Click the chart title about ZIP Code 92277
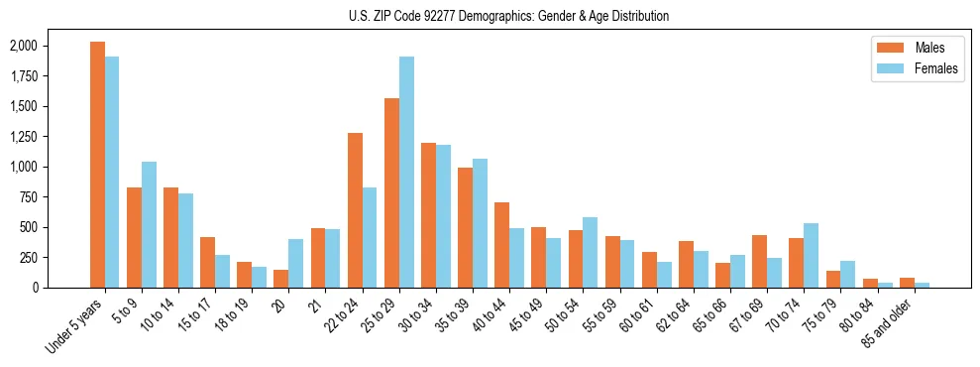508,16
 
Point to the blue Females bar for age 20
296,263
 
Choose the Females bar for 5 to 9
149,224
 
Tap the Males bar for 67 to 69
759,261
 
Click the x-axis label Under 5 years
73,326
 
